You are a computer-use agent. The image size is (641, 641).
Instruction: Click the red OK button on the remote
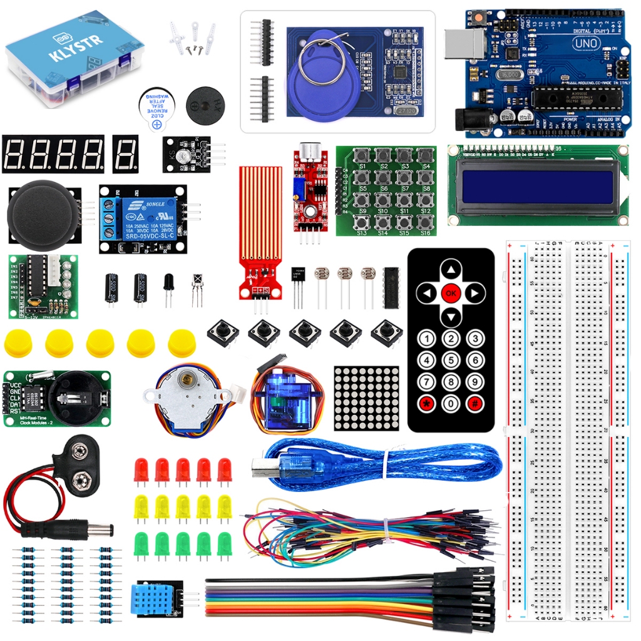point(451,292)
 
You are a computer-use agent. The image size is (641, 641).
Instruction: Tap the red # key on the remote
point(475,403)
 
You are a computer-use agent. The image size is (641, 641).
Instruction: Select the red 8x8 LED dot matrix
point(366,398)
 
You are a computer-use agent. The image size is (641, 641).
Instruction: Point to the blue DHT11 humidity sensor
point(153,600)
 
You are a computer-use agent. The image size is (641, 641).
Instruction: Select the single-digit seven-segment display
point(125,154)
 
